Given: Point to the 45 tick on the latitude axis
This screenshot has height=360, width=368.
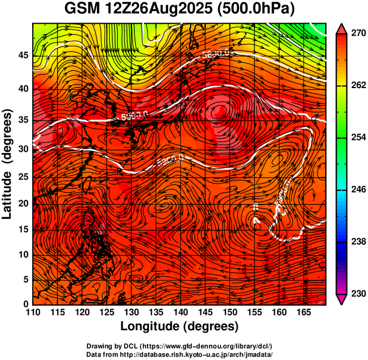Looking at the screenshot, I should point(22,55).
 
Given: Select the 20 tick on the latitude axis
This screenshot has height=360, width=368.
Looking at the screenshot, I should point(22,204).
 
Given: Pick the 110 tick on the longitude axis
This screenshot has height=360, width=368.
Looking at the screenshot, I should point(33,313).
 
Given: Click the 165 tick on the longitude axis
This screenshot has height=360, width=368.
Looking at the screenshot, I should point(302,313).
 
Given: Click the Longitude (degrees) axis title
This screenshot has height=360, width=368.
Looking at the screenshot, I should point(179,327).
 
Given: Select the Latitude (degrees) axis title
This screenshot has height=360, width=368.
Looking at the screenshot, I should point(8,164).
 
